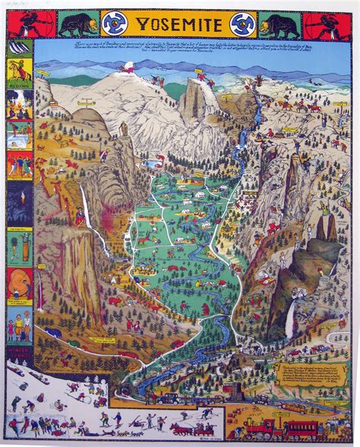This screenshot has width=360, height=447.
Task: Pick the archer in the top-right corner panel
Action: (x=339, y=24)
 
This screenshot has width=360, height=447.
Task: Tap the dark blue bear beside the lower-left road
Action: (x=52, y=332)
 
